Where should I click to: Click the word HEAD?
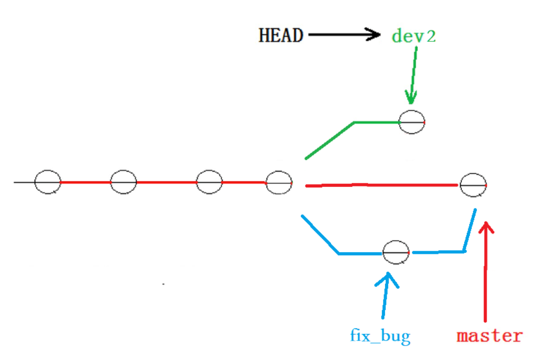[280, 35]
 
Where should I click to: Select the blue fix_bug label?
[380, 335]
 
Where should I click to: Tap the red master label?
[489, 335]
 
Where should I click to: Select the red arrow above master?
[485, 271]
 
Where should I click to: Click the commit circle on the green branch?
[412, 122]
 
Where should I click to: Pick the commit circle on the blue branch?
[396, 252]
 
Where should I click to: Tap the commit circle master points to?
[473, 185]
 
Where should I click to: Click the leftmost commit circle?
[47, 182]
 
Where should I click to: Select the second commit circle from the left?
[123, 182]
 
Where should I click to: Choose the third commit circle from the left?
[209, 182]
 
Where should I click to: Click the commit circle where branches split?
[279, 182]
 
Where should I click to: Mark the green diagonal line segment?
[329, 140]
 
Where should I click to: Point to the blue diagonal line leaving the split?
[320, 234]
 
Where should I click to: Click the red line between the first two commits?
[85, 182]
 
